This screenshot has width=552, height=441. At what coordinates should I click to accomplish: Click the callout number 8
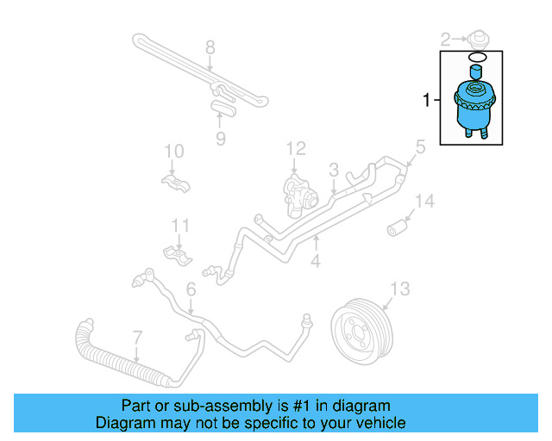click(210, 47)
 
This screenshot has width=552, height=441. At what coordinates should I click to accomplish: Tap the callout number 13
click(400, 289)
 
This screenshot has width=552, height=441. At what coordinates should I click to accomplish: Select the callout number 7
click(137, 335)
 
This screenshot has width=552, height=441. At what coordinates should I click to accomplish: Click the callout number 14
click(424, 202)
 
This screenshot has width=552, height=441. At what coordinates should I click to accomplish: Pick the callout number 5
click(420, 147)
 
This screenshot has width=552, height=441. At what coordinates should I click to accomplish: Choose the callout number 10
click(174, 152)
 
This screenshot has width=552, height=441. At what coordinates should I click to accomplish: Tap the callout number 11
click(179, 227)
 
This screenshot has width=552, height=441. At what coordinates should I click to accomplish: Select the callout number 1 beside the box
click(426, 101)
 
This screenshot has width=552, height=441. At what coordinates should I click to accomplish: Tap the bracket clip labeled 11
click(178, 255)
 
